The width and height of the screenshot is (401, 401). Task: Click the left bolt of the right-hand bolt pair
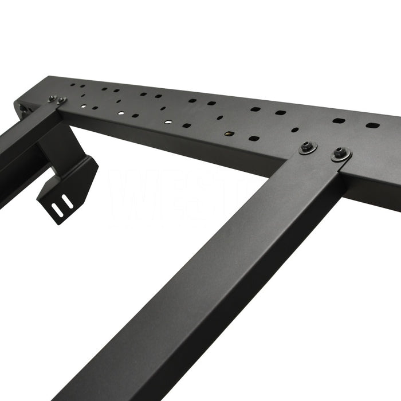click(x=308, y=147)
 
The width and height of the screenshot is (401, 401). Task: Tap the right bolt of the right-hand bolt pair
click(x=341, y=153)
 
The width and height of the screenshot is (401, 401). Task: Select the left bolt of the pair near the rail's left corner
click(x=52, y=99)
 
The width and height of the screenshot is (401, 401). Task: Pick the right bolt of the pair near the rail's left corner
click(x=61, y=101)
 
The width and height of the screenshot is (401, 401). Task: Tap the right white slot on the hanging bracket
click(x=67, y=202)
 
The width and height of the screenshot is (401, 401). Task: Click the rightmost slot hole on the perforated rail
click(x=372, y=125)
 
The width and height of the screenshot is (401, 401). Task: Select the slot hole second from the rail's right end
click(x=339, y=121)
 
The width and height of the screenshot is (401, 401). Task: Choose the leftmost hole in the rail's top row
click(x=73, y=86)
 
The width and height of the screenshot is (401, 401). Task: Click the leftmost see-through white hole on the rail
click(x=83, y=107)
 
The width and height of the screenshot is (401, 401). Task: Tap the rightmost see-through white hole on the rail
click(x=168, y=121)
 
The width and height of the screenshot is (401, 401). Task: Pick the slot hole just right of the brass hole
click(x=254, y=138)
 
